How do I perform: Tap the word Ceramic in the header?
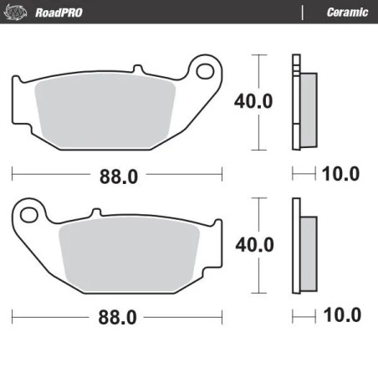click(344, 12)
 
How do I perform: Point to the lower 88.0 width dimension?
click(118, 318)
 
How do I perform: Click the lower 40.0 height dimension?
click(253, 244)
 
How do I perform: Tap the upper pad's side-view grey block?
click(308, 101)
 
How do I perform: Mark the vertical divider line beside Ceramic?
click(302, 12)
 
